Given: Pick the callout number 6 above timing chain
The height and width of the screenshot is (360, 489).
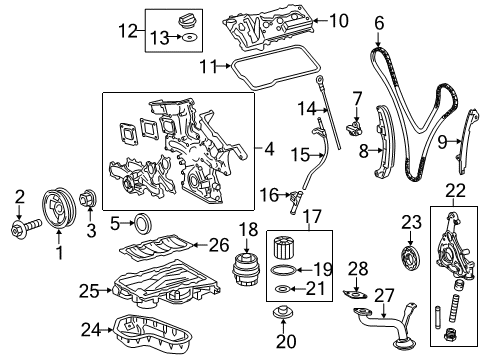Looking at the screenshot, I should [379, 21].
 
